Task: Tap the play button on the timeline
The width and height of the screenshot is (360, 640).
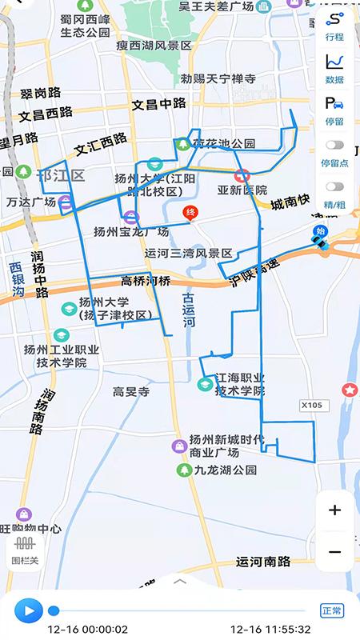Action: (29, 611)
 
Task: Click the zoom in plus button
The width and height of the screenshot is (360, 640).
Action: (334, 510)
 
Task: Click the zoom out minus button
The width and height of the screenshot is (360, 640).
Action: (334, 552)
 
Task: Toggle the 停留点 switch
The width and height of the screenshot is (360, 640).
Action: (335, 146)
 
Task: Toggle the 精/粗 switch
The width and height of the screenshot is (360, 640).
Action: (335, 187)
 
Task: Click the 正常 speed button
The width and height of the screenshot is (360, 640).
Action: (331, 611)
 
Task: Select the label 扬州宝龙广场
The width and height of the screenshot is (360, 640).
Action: (130, 232)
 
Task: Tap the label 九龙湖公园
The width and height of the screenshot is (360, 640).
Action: (224, 470)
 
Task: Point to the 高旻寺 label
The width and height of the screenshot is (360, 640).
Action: (131, 391)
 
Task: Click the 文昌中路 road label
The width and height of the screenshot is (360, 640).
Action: (158, 103)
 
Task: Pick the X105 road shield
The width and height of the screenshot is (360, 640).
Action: (311, 406)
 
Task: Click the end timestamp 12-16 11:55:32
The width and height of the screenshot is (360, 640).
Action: (270, 630)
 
